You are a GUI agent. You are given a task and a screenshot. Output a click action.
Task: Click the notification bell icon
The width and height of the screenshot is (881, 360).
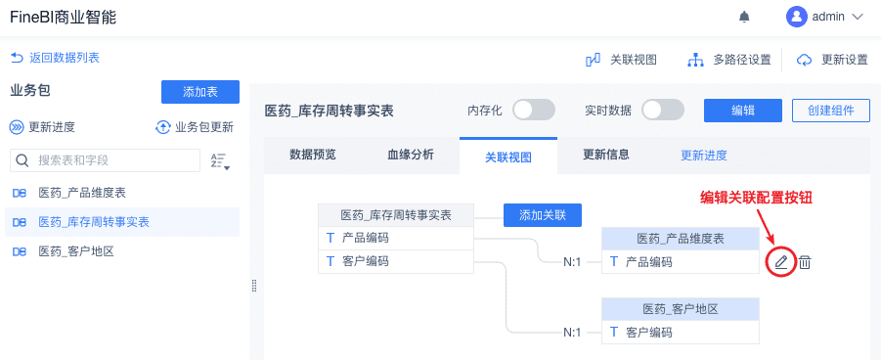[744, 17]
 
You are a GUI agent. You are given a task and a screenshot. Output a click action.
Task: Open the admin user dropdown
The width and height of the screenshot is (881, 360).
[824, 17]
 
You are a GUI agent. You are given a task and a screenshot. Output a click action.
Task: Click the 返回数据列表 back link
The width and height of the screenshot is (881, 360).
[55, 58]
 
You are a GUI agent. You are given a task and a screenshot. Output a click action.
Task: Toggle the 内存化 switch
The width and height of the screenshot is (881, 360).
[534, 111]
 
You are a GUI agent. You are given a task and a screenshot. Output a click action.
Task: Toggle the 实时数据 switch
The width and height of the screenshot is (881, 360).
[663, 111]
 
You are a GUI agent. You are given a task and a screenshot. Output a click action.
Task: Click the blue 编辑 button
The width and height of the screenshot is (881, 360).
[743, 111]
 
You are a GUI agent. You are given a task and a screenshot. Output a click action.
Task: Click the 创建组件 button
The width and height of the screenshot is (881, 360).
[831, 111]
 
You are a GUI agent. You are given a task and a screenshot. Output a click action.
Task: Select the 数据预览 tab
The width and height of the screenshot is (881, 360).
[313, 155]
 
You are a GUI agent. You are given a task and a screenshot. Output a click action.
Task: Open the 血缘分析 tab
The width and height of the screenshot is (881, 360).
[411, 155]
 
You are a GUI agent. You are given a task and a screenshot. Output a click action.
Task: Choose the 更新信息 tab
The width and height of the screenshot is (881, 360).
[605, 155]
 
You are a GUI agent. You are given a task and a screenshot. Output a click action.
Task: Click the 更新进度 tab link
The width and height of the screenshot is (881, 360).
[704, 156]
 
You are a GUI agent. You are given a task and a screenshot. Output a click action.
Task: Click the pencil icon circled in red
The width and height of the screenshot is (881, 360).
[781, 261]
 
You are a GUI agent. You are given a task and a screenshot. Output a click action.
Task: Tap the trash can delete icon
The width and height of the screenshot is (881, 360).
[805, 261]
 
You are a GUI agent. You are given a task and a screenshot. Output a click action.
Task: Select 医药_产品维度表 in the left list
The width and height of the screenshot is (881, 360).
[82, 193]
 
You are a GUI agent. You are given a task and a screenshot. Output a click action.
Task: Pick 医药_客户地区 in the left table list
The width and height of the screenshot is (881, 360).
[76, 251]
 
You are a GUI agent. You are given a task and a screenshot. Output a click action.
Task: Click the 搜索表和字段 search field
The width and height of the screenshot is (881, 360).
[105, 160]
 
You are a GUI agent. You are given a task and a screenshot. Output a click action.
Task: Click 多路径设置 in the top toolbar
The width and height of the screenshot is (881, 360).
[729, 60]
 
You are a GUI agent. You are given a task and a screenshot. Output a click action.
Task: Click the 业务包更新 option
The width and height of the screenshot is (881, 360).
[195, 127]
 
